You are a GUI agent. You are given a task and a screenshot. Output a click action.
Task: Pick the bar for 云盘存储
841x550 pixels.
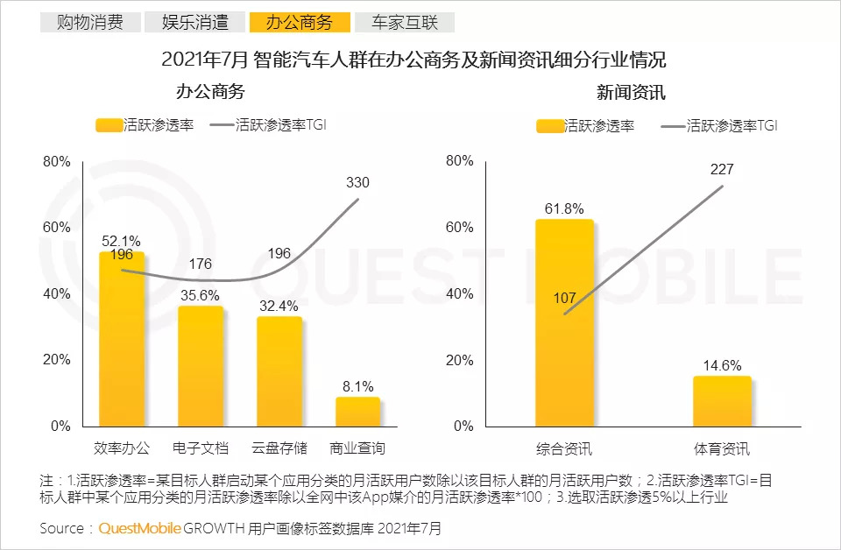pos(279,371)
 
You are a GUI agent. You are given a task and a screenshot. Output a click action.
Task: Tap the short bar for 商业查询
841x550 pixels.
pos(357,412)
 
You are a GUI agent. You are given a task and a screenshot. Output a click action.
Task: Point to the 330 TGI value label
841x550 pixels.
pos(357,183)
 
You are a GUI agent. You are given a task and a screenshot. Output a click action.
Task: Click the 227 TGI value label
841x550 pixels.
pos(722,169)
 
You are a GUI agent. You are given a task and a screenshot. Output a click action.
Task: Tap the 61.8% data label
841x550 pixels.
pos(564,208)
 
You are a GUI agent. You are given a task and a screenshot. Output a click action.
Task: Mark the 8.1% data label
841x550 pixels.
pos(357,386)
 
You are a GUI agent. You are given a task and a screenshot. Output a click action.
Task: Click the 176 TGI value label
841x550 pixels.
pos(200,264)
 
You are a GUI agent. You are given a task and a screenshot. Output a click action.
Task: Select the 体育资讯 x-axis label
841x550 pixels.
pos(722,449)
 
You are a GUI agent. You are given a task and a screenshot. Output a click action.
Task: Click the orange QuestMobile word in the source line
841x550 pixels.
pos(140,529)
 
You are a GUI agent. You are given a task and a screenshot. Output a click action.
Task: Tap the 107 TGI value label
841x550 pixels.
pos(565,299)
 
